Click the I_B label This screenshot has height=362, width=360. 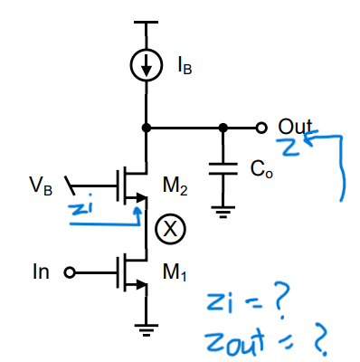point(184,67)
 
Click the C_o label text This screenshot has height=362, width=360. point(260,169)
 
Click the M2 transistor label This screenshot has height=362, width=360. point(175,186)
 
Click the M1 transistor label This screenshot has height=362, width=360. point(175,268)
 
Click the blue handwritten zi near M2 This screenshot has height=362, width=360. point(80,209)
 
